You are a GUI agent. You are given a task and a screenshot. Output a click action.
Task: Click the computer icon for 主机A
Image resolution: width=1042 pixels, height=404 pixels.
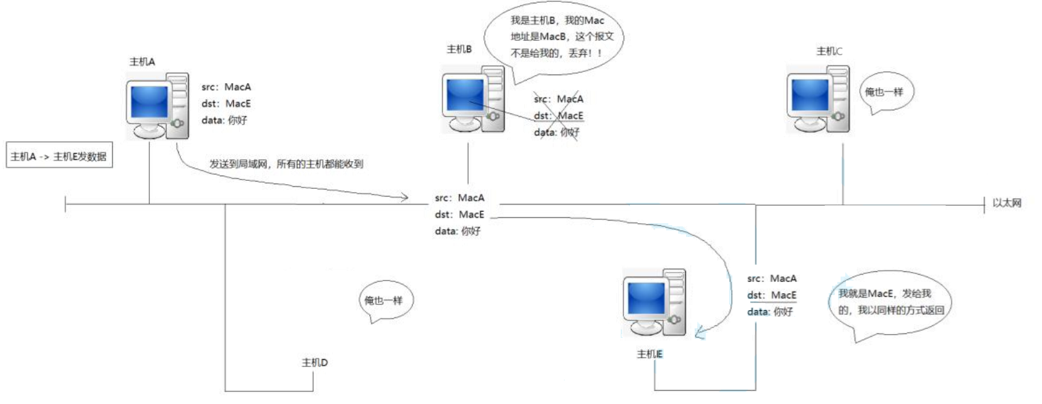(157, 106)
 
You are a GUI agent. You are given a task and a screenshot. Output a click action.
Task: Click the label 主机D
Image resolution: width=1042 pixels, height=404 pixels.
(315, 362)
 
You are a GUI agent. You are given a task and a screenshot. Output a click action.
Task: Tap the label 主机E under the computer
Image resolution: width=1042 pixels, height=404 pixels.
(650, 354)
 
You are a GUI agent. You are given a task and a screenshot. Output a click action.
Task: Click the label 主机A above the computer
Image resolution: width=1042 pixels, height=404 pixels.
(143, 61)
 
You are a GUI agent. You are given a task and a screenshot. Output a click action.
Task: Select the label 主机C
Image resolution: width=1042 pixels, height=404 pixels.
(829, 51)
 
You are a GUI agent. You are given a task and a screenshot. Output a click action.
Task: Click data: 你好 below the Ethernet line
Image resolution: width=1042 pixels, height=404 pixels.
(458, 231)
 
